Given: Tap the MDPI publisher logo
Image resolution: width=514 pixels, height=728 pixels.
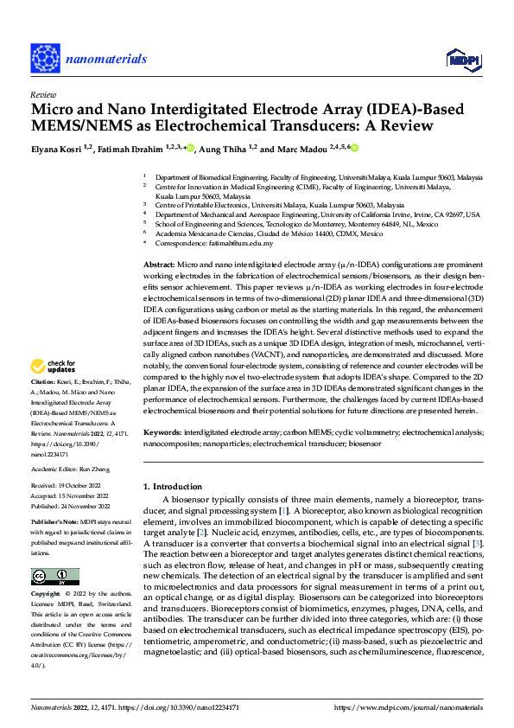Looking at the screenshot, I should [463, 60].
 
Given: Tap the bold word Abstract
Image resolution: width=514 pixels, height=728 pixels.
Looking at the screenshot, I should [157, 263].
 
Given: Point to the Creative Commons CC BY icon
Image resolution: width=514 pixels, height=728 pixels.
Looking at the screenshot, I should [54, 577].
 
